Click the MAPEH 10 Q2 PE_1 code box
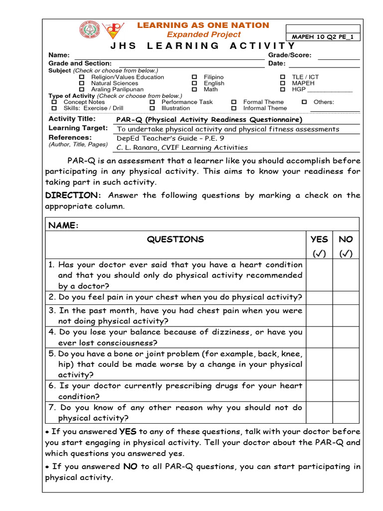(323, 37)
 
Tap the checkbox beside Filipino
(194, 77)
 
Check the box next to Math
(194, 90)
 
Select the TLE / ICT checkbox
(283, 77)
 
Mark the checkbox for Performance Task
(152, 102)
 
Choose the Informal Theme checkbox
(233, 108)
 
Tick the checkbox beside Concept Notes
(54, 102)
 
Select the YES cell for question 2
(319, 297)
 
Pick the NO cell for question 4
(346, 337)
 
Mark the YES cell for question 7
(319, 413)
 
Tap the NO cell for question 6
(346, 391)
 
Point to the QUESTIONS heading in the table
(175, 240)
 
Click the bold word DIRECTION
(72, 195)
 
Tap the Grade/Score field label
(289, 55)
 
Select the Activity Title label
(72, 119)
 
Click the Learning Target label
(78, 128)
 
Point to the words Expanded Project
(203, 34)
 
